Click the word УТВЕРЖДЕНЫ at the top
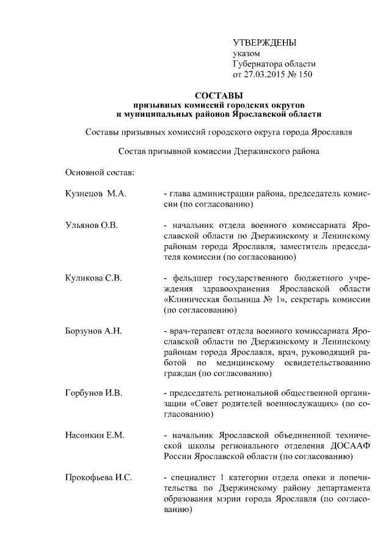click(x=265, y=42)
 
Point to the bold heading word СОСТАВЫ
click(x=218, y=95)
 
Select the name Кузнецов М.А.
click(x=95, y=194)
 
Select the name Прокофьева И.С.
click(x=98, y=477)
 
